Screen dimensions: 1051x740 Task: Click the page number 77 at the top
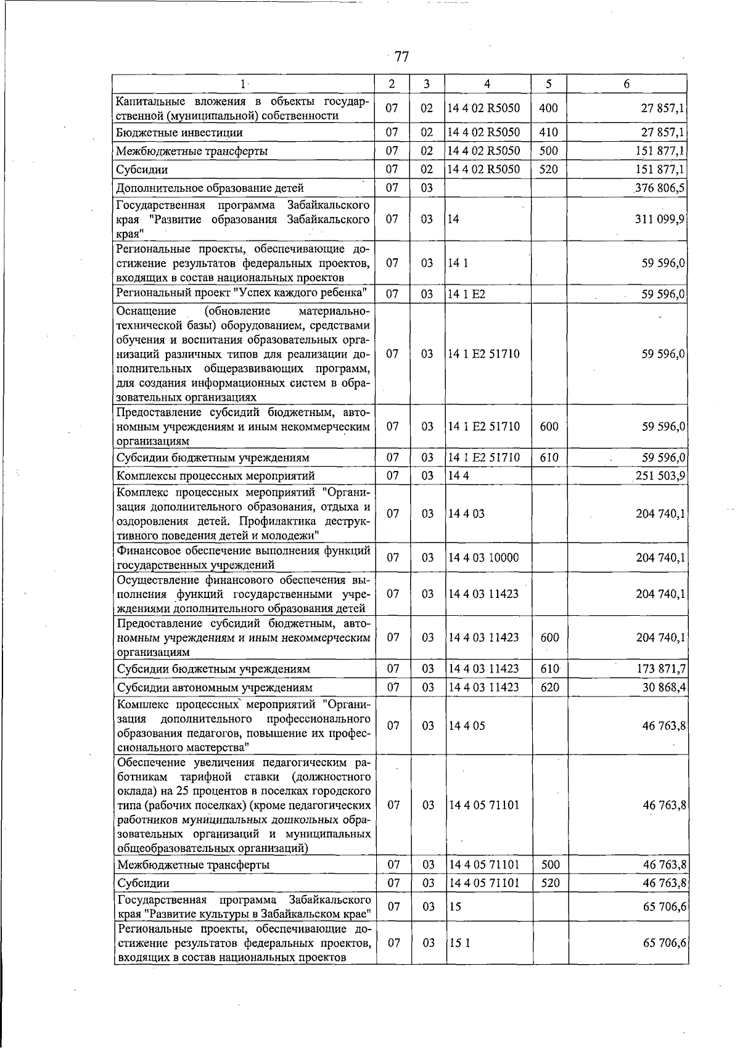click(x=401, y=57)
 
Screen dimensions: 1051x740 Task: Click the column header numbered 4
click(x=487, y=84)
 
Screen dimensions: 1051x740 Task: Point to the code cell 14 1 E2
click(x=466, y=294)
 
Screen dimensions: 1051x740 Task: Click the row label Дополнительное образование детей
click(x=210, y=188)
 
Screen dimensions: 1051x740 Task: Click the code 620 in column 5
click(x=548, y=687)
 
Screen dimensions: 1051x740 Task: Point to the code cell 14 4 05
click(x=467, y=726)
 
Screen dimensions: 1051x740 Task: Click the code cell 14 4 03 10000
click(x=483, y=558)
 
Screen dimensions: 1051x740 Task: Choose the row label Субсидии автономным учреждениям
click(x=215, y=687)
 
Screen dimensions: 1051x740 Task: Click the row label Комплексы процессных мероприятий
click(x=216, y=475)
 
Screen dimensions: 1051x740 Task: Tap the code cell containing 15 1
click(x=459, y=943)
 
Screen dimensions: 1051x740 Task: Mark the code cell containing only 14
click(x=454, y=219)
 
